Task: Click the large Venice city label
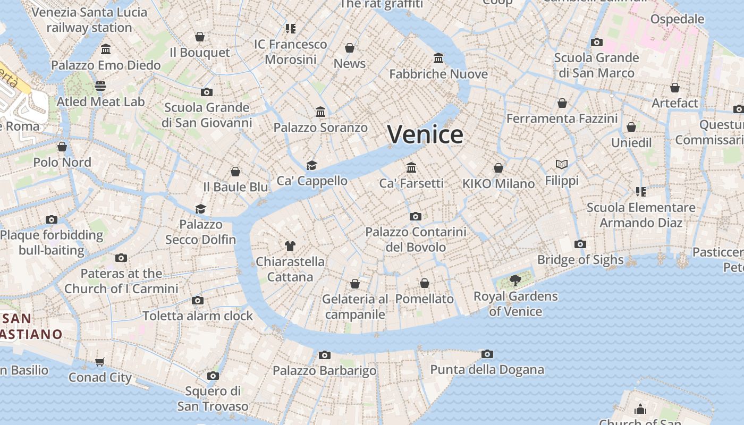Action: point(425,134)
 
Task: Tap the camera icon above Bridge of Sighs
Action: point(580,244)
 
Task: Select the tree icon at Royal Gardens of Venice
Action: point(515,280)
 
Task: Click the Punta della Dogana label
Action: point(487,370)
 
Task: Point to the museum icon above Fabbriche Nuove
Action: point(438,58)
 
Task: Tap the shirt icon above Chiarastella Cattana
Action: point(290,245)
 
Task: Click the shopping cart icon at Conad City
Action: point(100,362)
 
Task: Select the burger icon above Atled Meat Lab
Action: point(100,86)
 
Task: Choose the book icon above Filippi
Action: point(562,165)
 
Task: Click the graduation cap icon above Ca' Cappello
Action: point(312,165)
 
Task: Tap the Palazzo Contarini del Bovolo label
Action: point(416,240)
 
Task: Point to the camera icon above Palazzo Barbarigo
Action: point(325,355)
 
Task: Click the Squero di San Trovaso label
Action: point(213,399)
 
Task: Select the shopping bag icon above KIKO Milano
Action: point(498,168)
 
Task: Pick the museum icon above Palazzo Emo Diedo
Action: point(106,49)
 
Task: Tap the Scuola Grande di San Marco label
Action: point(596,65)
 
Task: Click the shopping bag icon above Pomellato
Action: point(425,283)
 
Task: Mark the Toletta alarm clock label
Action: point(198,316)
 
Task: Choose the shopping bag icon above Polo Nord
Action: point(62,147)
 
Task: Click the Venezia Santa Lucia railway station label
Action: point(89,20)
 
